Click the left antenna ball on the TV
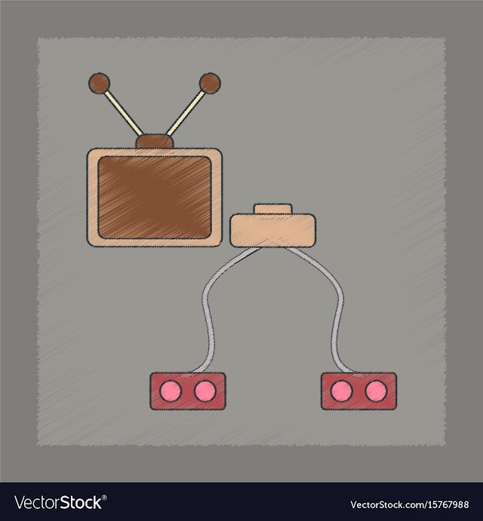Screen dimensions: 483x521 (99, 83)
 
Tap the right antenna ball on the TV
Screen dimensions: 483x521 (210, 82)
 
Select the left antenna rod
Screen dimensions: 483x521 (124, 113)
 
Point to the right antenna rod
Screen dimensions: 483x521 (186, 113)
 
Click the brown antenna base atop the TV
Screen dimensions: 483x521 (155, 141)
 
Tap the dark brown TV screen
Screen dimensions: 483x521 (155, 198)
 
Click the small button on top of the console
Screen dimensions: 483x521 (273, 210)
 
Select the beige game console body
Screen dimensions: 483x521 (272, 230)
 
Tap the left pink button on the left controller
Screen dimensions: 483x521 (171, 391)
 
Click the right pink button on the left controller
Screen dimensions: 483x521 (205, 391)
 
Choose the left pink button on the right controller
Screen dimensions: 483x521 (342, 391)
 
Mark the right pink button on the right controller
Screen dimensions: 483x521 (376, 391)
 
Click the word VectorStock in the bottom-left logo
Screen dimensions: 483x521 (58, 502)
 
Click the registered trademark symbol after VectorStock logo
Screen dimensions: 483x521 (104, 497)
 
